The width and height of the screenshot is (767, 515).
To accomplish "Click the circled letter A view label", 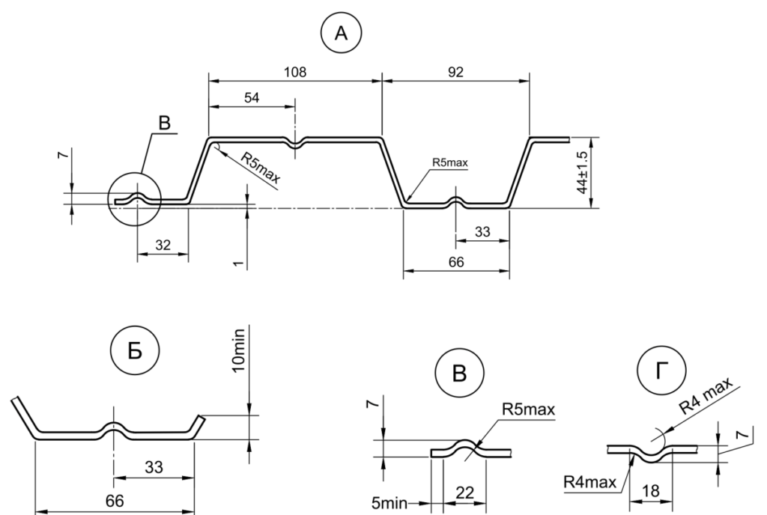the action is pyautogui.click(x=341, y=33).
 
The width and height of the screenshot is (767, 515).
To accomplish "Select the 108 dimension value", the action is pyautogui.click(x=295, y=73).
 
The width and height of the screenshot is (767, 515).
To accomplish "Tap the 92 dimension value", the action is pyautogui.click(x=455, y=73).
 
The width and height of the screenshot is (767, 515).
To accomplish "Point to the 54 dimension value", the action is pyautogui.click(x=252, y=98).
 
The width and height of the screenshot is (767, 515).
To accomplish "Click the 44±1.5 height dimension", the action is pyautogui.click(x=582, y=172).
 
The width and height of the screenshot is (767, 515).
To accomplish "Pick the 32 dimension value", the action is pyautogui.click(x=163, y=245).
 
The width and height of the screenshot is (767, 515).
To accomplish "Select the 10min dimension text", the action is pyautogui.click(x=237, y=350).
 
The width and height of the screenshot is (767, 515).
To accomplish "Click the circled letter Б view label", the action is pyautogui.click(x=135, y=350).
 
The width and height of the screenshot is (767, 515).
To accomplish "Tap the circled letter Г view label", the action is pyautogui.click(x=662, y=371).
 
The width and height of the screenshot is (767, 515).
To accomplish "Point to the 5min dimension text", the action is pyautogui.click(x=389, y=503).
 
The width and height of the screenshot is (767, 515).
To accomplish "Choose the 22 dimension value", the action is pyautogui.click(x=464, y=493).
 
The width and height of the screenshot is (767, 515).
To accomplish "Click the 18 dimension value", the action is pyautogui.click(x=651, y=490).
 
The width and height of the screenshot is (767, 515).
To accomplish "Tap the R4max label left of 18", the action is pyautogui.click(x=590, y=482).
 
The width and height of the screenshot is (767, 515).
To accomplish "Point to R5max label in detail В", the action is pyautogui.click(x=528, y=409).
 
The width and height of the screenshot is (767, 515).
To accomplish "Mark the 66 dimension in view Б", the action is pyautogui.click(x=115, y=501).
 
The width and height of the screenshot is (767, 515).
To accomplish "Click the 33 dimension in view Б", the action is pyautogui.click(x=154, y=468).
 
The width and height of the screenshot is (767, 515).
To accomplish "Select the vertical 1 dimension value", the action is pyautogui.click(x=238, y=263).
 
